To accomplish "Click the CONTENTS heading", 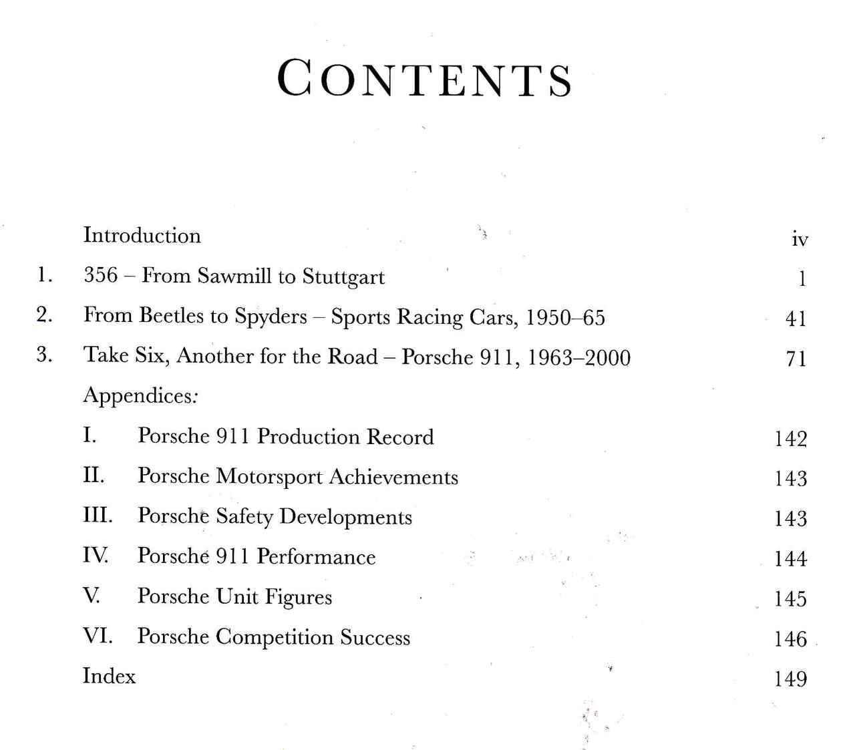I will (x=425, y=79).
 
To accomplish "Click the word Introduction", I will (x=142, y=236).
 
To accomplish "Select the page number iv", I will (x=800, y=239).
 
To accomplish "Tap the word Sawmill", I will (x=234, y=276).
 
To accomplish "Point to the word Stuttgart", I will (x=343, y=277).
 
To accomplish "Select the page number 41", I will (x=796, y=319).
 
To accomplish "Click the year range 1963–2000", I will (x=578, y=357).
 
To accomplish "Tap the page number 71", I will (x=796, y=359).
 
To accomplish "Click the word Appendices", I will (x=139, y=396).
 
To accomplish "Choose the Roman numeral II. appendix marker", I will (x=94, y=476).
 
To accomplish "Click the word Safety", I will (x=244, y=518).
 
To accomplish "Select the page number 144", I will (x=790, y=558).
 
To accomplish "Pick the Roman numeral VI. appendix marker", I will (x=98, y=635).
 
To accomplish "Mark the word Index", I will (x=109, y=676).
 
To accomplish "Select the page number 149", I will (x=790, y=679).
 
